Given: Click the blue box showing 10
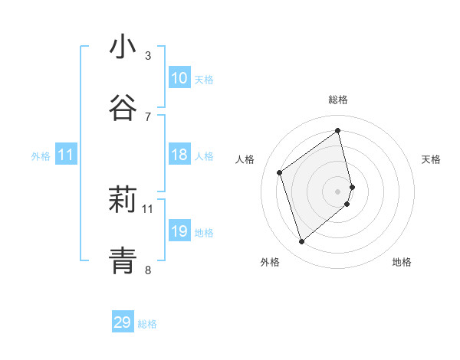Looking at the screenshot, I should pyautogui.click(x=179, y=78).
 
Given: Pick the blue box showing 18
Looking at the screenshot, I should pyautogui.click(x=179, y=155).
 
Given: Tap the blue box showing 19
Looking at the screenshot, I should pyautogui.click(x=179, y=231).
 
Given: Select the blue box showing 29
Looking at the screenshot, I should pyautogui.click(x=123, y=322).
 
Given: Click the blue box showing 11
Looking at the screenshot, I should pyautogui.click(x=66, y=155).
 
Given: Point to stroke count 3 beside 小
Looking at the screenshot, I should pyautogui.click(x=148, y=56).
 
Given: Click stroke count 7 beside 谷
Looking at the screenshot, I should pyautogui.click(x=148, y=116).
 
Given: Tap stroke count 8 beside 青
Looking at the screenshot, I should pyautogui.click(x=148, y=270).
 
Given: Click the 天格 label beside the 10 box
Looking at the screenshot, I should pyautogui.click(x=203, y=80).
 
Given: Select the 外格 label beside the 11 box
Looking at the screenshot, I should pyautogui.click(x=41, y=156).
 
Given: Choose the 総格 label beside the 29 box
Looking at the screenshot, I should pyautogui.click(x=147, y=324).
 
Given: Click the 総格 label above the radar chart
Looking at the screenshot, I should pyautogui.click(x=338, y=100).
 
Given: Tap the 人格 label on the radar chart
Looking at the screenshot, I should pyautogui.click(x=245, y=159).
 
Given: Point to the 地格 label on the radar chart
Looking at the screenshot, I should pyautogui.click(x=402, y=262).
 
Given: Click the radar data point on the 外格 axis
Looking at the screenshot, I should pyautogui.click(x=301, y=242).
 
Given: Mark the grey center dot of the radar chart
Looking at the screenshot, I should pyautogui.click(x=338, y=191).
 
